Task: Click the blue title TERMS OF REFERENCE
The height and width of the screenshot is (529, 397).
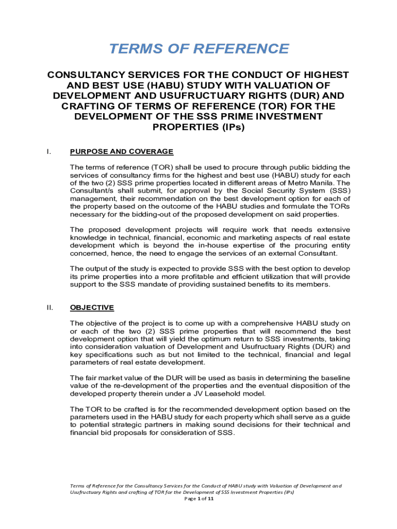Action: (x=198, y=49)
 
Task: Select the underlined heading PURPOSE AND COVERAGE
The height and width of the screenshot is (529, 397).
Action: (x=122, y=151)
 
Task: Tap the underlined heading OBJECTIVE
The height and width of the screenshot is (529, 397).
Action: (x=92, y=307)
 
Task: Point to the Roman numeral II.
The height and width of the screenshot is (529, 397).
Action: (x=49, y=307)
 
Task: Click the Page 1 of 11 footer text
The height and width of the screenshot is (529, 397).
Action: (x=198, y=499)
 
